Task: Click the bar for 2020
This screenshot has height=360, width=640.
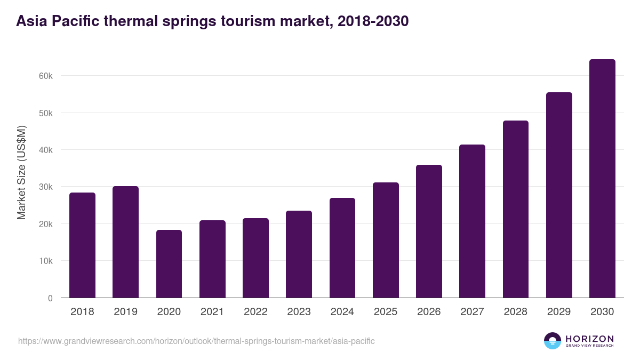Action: pos(169,264)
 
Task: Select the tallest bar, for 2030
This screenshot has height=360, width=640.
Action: pos(602,179)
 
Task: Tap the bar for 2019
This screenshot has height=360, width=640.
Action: pos(125,242)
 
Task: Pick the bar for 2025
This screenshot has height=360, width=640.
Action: pos(386,240)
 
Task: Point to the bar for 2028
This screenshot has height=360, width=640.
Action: pos(516,209)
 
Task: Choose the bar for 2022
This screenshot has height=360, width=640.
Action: pos(255,258)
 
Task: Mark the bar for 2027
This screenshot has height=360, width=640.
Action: pos(472,221)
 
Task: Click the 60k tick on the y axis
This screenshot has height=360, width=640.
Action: pos(46,76)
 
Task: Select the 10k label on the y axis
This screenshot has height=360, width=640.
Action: pos(46,261)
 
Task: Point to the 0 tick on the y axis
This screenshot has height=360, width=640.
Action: pos(50,299)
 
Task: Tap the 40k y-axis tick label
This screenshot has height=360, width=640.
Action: pos(46,150)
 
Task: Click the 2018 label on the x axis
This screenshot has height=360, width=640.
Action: pos(82,312)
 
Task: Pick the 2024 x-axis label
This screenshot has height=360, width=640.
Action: pos(342,312)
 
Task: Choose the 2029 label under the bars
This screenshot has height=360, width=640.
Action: pos(559,312)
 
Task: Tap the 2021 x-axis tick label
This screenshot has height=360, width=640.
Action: pos(212,312)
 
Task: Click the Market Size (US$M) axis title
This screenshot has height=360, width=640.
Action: pos(21,172)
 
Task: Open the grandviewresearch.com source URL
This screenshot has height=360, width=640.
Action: pos(196,341)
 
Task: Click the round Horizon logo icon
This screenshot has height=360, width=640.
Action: pos(553,341)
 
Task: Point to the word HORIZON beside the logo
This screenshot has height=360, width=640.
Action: pos(589,338)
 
